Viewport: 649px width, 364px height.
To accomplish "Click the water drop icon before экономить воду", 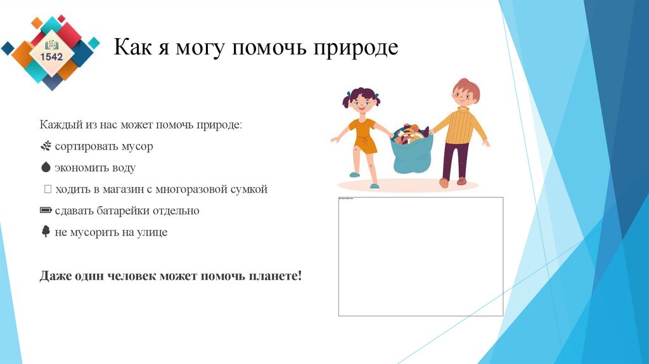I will tap(45, 168).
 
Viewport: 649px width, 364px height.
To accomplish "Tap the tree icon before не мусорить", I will tap(45, 232).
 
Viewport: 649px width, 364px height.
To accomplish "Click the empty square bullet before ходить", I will tap(48, 190).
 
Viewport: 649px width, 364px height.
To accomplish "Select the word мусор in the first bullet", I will tap(138, 146).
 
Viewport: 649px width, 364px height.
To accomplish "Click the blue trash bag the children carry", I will tap(412, 155).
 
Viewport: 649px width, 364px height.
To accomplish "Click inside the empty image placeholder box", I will tap(420, 257).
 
